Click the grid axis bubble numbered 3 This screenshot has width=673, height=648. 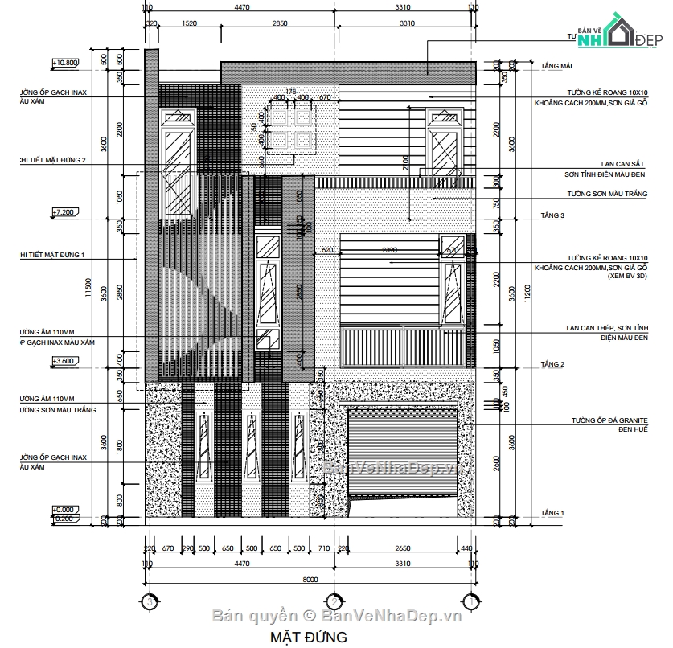147,601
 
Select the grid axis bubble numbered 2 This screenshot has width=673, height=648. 333,601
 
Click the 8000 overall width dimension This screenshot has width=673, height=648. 309,580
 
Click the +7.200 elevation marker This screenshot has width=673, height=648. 64,213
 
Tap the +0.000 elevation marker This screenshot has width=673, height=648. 64,510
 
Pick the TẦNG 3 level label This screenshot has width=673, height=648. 553,215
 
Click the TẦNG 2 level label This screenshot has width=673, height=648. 553,364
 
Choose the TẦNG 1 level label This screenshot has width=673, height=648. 553,512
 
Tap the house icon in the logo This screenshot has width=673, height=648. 617,32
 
